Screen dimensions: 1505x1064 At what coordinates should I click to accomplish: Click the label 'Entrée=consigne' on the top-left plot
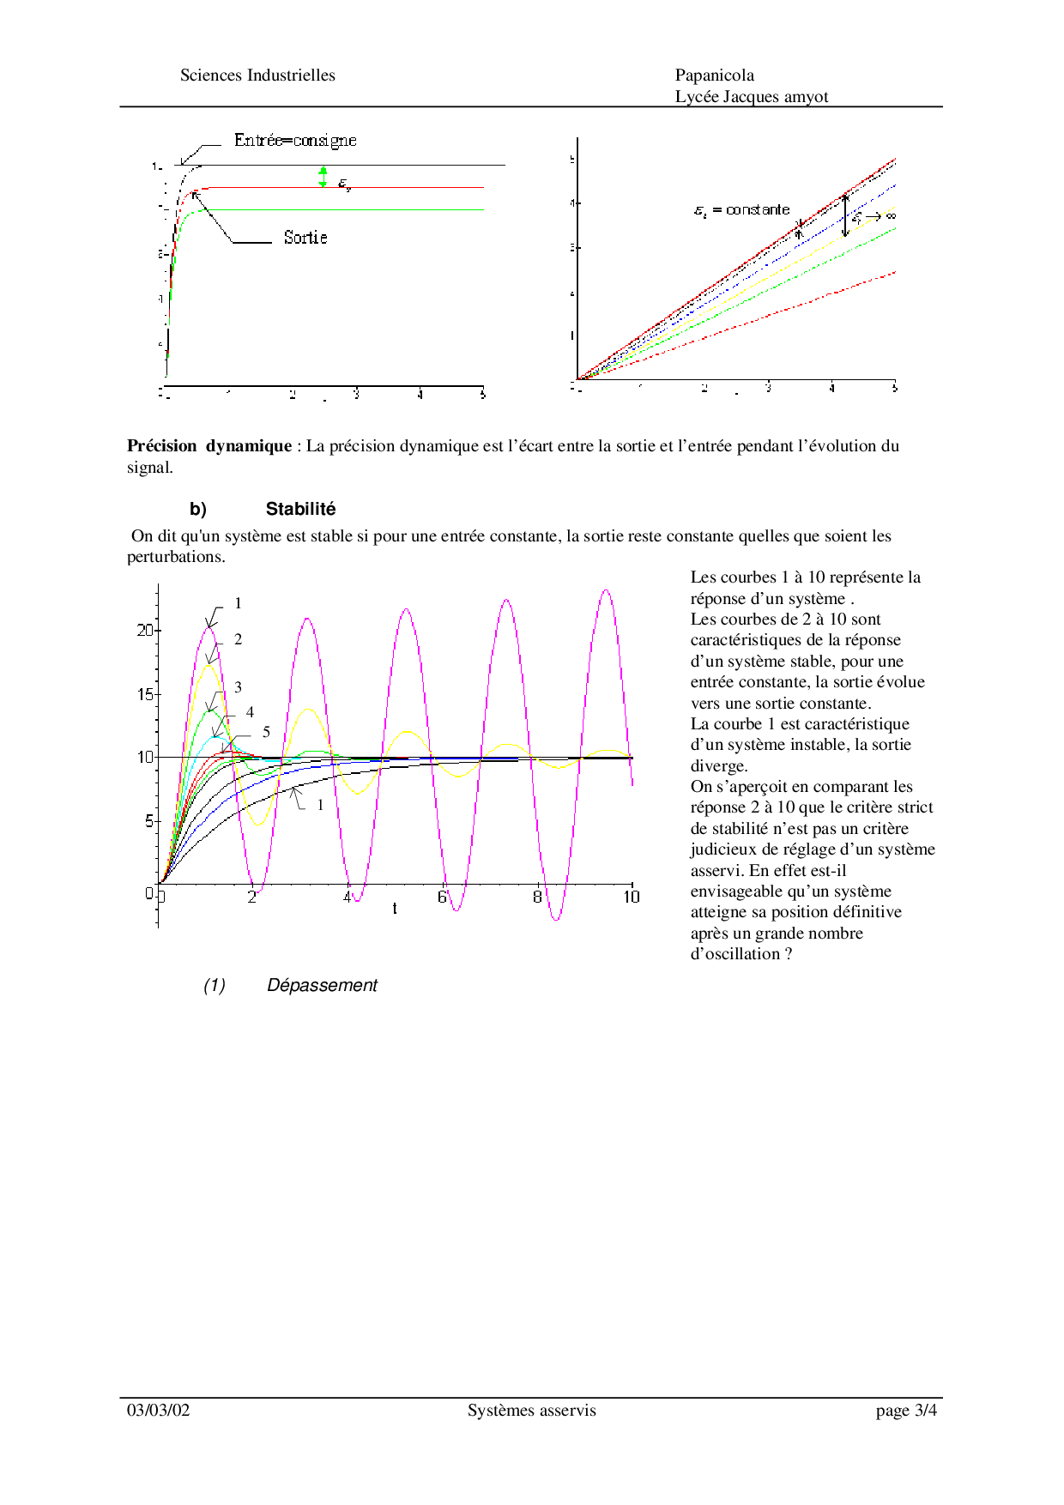pos(295,141)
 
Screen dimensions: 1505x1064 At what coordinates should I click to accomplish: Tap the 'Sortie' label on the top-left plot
pos(305,238)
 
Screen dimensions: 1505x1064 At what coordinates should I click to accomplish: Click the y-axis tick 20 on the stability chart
pos(145,630)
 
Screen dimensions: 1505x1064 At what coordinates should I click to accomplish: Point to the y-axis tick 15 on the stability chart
pos(145,694)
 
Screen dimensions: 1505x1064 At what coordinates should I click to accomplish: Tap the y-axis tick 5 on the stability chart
pos(148,821)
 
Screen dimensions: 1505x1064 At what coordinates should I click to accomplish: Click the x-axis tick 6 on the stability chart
pos(443,897)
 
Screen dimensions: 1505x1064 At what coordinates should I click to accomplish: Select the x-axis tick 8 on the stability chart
pos(538,897)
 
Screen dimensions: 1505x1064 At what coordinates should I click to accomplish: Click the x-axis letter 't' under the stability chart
pos(395,909)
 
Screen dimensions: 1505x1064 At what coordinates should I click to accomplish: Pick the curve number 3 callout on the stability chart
pos(238,687)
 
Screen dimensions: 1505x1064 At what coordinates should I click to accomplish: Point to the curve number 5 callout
pos(266,732)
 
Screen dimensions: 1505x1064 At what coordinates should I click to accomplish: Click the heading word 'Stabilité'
pos(300,509)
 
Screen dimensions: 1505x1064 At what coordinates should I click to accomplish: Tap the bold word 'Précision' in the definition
pos(162,445)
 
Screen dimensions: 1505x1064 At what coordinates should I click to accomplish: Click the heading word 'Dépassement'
pos(322,985)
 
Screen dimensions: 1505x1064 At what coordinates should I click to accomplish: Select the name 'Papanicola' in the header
pos(715,76)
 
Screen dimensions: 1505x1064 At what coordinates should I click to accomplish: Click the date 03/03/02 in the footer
pos(159,1410)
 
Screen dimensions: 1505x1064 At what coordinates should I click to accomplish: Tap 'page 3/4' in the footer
pos(906,1410)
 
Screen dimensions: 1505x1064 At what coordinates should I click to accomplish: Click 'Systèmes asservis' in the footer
pos(531,1410)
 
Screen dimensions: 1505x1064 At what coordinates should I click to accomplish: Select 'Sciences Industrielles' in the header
pos(257,76)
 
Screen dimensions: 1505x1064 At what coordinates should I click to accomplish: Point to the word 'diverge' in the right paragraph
pos(717,765)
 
